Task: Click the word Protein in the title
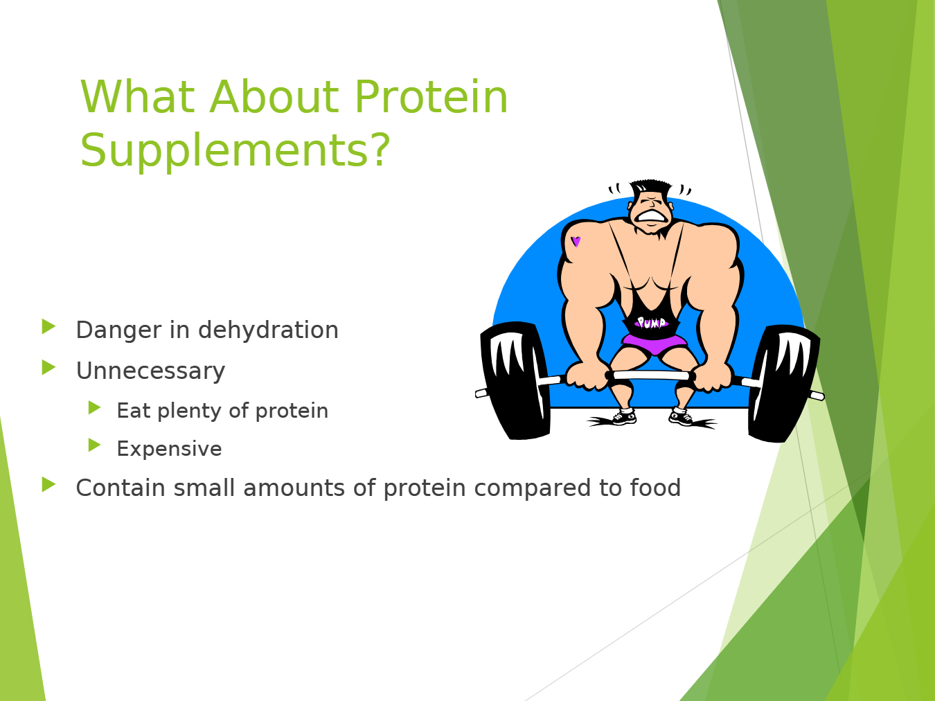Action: pos(431,97)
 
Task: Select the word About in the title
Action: pos(274,97)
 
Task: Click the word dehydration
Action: pos(268,330)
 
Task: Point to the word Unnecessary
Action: pos(150,371)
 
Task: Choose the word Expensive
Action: pos(169,449)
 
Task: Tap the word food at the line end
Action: pos(656,487)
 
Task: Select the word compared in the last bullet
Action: pos(533,488)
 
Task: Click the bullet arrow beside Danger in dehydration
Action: pos(48,327)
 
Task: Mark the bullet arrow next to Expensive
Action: pos(94,445)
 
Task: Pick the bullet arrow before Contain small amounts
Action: pos(48,485)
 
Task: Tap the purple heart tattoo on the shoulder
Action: pos(576,242)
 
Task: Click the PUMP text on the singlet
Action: pos(651,323)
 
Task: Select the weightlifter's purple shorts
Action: pos(654,344)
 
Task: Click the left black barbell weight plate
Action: pos(515,380)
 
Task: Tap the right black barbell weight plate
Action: pos(783,383)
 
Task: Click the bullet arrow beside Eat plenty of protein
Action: pos(94,407)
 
